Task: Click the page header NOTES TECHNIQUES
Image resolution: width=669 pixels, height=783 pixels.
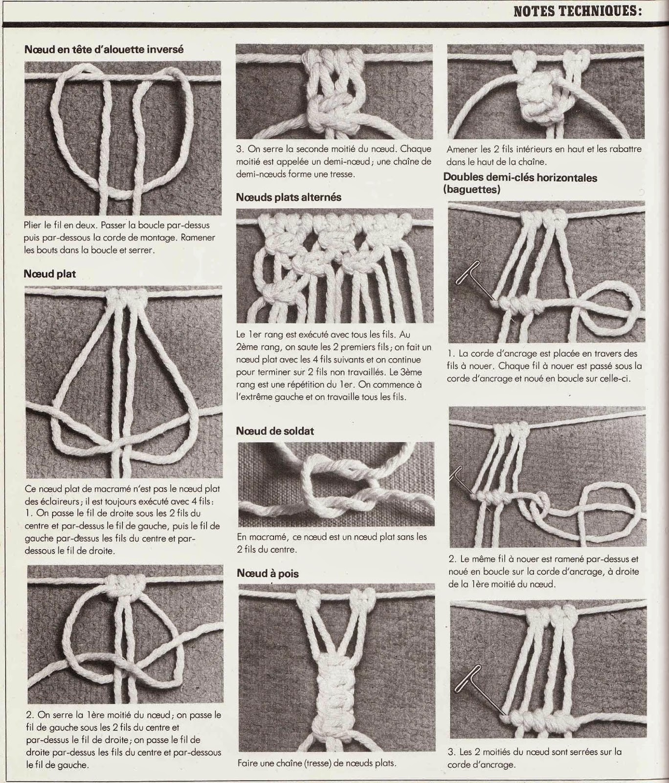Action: click(577, 11)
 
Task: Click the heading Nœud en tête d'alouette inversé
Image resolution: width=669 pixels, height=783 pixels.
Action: click(104, 49)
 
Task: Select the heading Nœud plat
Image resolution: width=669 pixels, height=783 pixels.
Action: click(50, 274)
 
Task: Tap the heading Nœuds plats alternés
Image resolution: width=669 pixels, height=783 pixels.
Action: click(289, 197)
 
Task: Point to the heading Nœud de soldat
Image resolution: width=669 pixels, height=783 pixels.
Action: click(275, 431)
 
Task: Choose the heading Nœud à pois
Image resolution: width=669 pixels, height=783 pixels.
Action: click(268, 573)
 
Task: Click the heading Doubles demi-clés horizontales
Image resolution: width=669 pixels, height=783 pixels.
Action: click(520, 178)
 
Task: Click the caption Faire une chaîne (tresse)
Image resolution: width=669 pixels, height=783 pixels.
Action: click(317, 762)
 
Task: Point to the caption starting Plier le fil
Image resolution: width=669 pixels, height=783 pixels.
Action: click(119, 237)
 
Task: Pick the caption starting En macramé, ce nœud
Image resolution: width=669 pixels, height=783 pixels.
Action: click(332, 543)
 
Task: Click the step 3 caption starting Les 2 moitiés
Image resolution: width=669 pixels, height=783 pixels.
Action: click(535, 758)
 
